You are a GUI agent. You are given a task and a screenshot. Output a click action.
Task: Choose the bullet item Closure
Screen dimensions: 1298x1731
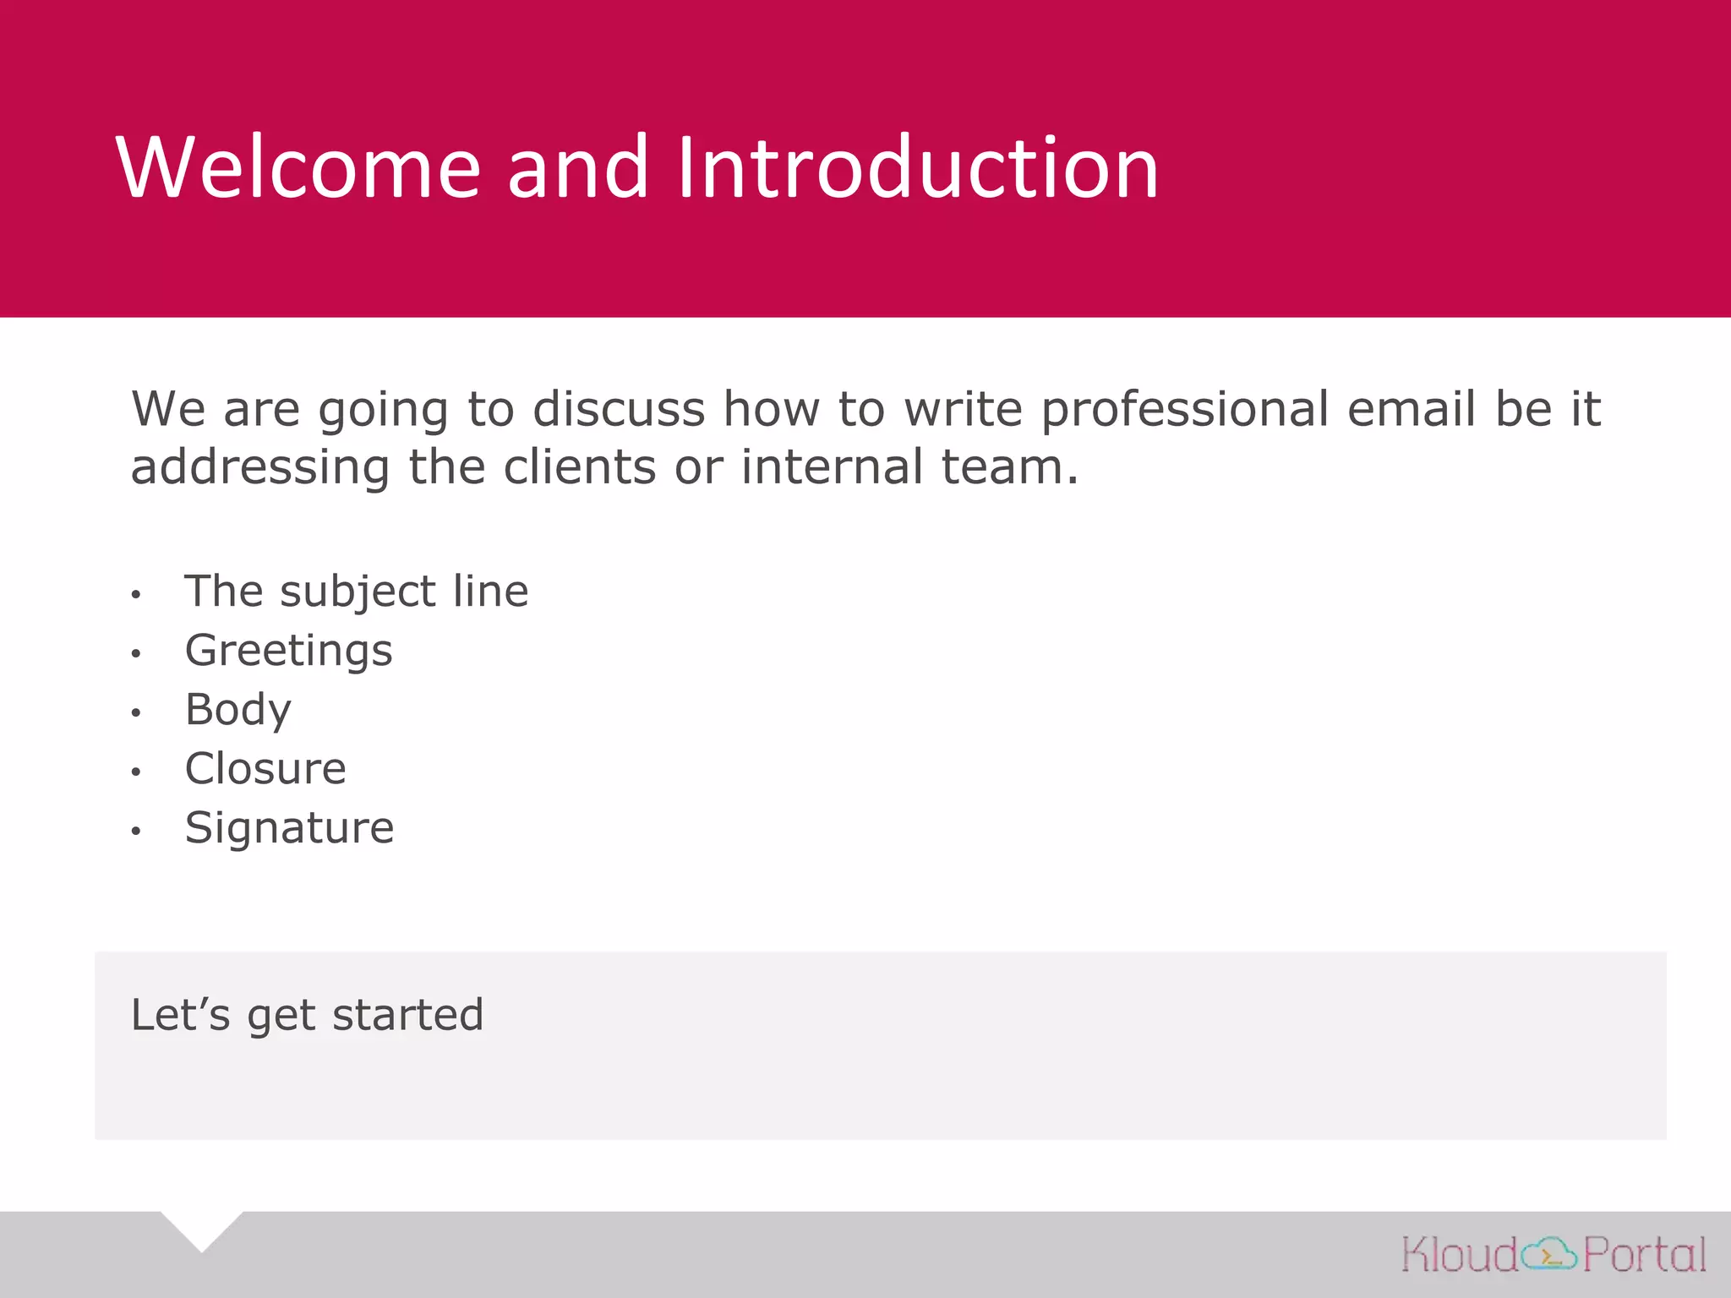click(265, 769)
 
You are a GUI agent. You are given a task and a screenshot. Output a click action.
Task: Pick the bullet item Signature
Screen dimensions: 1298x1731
click(289, 828)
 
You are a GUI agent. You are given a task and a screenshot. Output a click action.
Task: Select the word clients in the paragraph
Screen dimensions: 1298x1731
click(580, 466)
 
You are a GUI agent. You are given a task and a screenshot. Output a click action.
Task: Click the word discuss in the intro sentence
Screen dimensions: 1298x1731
click(619, 409)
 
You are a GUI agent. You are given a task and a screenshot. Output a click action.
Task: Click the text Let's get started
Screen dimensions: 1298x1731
click(307, 1015)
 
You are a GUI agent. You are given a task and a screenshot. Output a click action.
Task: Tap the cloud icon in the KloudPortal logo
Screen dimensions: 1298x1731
click(1549, 1254)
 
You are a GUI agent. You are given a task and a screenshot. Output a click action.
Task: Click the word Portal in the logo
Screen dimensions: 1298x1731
click(1644, 1254)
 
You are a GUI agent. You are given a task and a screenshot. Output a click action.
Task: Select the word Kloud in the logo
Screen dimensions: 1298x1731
click(1461, 1254)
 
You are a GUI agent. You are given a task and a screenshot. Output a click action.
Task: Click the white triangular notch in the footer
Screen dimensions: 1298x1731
click(202, 1227)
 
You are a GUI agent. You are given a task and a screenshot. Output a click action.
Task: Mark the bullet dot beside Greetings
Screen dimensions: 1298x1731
click(136, 653)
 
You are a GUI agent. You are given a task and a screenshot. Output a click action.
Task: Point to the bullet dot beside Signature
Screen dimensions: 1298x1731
click(136, 831)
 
